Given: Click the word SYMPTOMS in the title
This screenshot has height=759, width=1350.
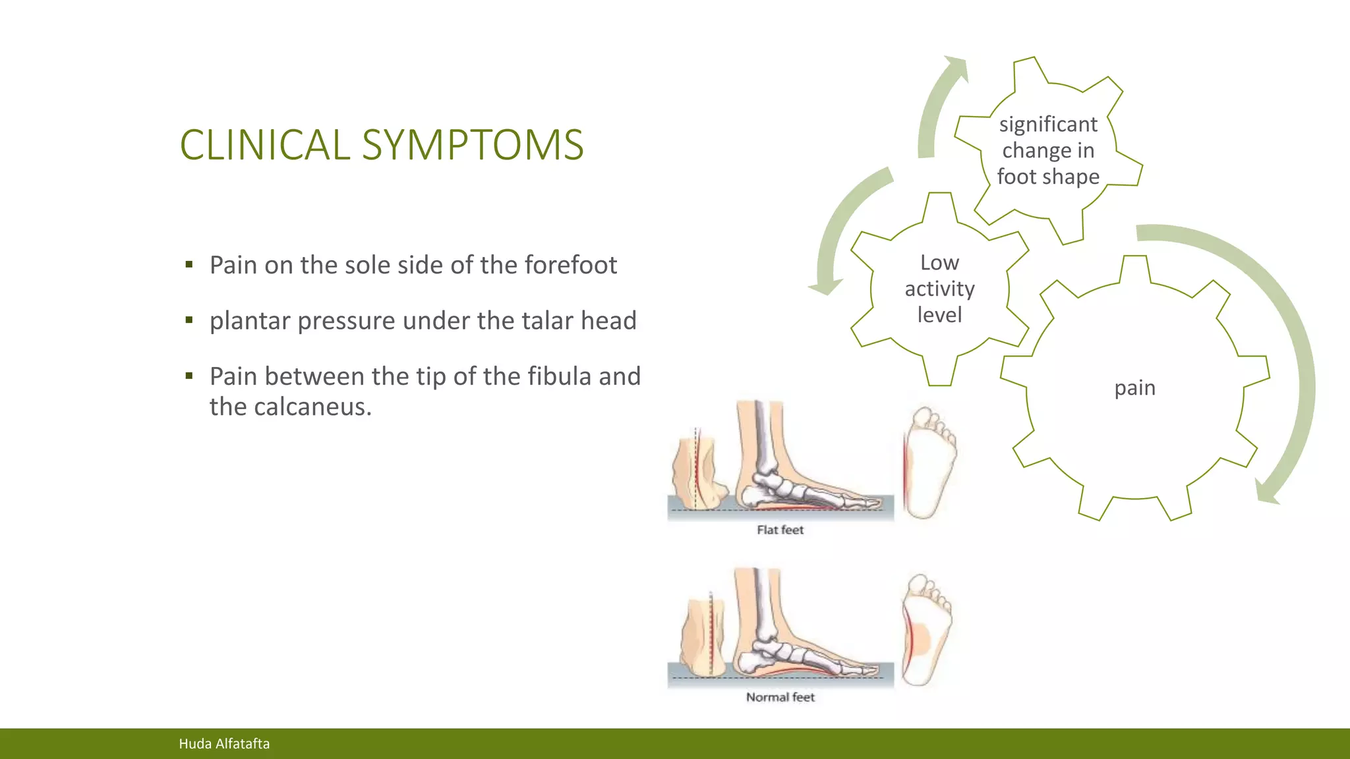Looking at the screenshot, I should point(473,145).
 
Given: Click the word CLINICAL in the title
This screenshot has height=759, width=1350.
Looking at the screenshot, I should point(265,145).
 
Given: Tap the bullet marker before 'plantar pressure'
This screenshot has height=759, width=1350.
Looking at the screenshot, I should point(189,321).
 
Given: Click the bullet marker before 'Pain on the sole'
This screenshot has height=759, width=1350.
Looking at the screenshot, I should point(189,265).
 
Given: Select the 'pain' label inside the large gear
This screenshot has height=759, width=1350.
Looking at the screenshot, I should point(1134,387).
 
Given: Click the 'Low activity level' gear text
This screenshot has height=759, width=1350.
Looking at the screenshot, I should point(939,289).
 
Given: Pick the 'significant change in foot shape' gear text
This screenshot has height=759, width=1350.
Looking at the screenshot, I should point(1048,150).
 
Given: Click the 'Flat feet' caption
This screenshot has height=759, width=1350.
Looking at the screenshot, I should point(780,530).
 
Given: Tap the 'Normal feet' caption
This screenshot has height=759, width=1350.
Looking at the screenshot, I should point(780,697).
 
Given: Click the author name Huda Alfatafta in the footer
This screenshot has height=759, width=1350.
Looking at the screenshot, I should point(224,744).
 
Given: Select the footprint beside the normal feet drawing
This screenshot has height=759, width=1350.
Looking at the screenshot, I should point(926,629).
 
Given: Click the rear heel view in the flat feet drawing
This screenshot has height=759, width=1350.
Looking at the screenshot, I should point(699,471).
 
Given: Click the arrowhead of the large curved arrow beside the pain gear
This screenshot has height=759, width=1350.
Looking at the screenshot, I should point(1266,493).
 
